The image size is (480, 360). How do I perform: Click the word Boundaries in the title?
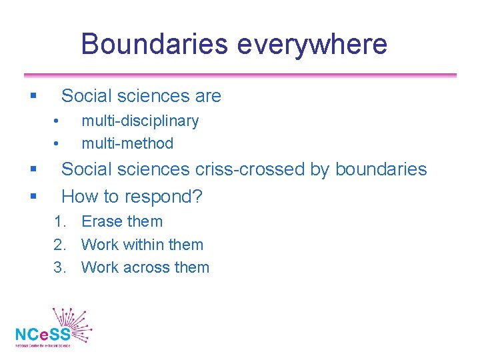click(153, 44)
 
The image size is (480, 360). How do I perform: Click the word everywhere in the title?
click(310, 44)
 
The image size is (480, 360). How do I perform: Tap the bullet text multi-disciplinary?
click(140, 121)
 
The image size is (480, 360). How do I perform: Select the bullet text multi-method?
click(127, 143)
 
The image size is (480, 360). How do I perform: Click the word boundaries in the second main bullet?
click(381, 169)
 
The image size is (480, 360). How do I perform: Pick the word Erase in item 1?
click(101, 221)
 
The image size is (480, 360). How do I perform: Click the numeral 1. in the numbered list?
click(61, 221)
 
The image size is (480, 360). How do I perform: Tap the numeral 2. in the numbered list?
click(61, 245)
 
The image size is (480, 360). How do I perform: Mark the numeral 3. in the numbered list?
click(61, 267)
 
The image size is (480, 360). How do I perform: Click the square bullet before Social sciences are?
click(33, 97)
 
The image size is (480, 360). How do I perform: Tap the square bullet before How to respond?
click(33, 197)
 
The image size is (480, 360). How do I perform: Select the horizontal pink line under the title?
click(240, 75)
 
